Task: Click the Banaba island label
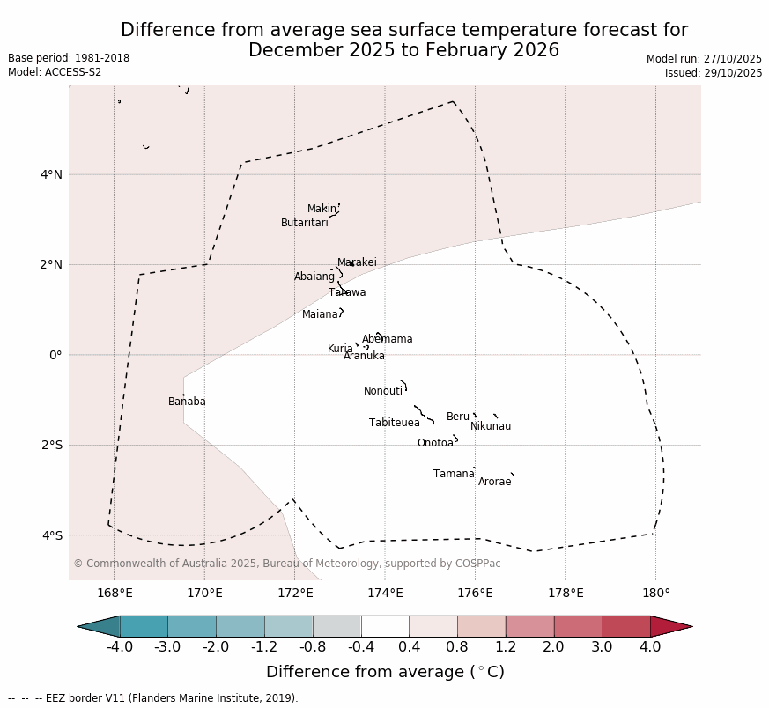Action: pyautogui.click(x=187, y=402)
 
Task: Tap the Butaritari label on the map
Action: pyautogui.click(x=304, y=223)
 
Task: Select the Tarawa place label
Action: pyautogui.click(x=347, y=292)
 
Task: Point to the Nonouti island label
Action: pyautogui.click(x=383, y=391)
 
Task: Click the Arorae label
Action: pyautogui.click(x=494, y=482)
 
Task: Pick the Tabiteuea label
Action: pyautogui.click(x=394, y=423)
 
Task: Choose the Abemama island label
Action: pyautogui.click(x=387, y=339)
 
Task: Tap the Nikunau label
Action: pyautogui.click(x=490, y=426)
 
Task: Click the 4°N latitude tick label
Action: pyautogui.click(x=51, y=174)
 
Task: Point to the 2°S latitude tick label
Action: pyautogui.click(x=51, y=445)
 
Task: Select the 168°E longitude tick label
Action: pyautogui.click(x=115, y=593)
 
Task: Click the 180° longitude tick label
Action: pyautogui.click(x=655, y=593)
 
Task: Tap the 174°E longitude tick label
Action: pyautogui.click(x=385, y=593)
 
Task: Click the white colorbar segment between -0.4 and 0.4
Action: pyautogui.click(x=385, y=626)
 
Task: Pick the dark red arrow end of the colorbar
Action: pyautogui.click(x=670, y=626)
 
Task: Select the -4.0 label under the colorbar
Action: pyautogui.click(x=120, y=647)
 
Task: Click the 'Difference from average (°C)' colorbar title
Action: pyautogui.click(x=385, y=672)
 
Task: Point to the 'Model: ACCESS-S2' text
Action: pyautogui.click(x=55, y=72)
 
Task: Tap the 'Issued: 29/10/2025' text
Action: pyautogui.click(x=714, y=73)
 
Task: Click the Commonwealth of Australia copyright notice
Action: pyautogui.click(x=286, y=564)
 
